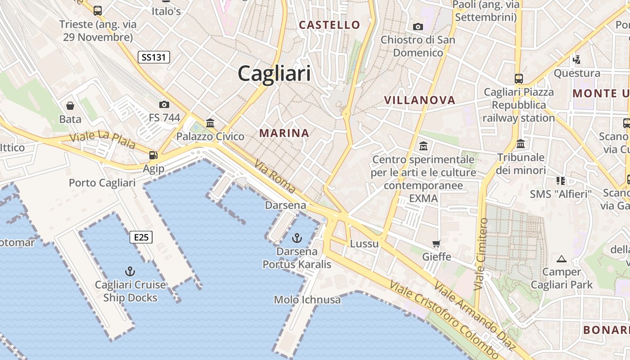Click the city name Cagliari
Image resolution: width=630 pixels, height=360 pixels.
point(274,73)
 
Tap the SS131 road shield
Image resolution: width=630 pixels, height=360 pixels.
point(153,57)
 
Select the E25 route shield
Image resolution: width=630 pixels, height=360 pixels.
point(141,237)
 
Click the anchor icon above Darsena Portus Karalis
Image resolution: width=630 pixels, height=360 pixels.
point(297,238)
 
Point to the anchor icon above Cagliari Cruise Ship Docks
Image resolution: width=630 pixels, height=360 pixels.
point(130,271)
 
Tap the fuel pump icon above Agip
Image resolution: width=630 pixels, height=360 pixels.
point(153,155)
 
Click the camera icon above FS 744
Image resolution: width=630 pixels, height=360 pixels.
point(164,104)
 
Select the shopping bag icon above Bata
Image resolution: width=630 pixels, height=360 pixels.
point(70,106)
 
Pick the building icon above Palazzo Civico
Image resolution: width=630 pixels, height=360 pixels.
point(210,123)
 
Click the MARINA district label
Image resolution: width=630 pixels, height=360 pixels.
point(284,133)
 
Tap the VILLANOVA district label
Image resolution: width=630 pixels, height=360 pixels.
point(420,100)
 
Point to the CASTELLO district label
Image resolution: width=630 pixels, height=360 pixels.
point(330,25)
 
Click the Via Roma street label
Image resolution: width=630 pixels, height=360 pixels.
point(274,176)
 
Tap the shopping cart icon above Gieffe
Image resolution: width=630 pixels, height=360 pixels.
point(436,244)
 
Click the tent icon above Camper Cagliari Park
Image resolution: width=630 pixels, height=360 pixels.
point(561,259)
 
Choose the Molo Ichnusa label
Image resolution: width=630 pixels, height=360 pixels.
point(307,300)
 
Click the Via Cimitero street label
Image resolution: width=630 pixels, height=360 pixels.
point(481,254)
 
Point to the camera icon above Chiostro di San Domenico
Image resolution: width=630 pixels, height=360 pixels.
point(418,27)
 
